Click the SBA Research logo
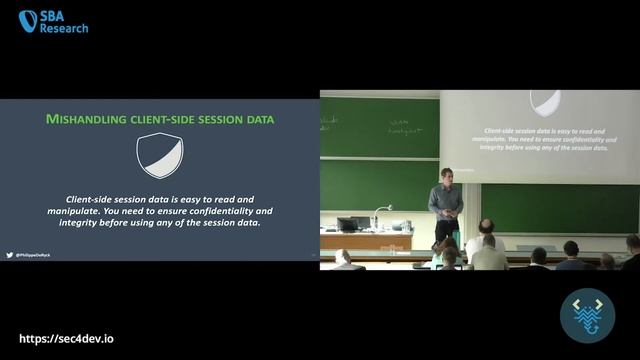pyautogui.click(x=53, y=21)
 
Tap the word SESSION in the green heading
pyautogui.click(x=221, y=119)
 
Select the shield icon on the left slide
pyautogui.click(x=159, y=155)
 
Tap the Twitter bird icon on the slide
pyautogui.click(x=10, y=255)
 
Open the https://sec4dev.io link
pyautogui.click(x=67, y=339)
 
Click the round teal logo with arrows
pyautogui.click(x=587, y=316)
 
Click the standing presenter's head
pyautogui.click(x=446, y=174)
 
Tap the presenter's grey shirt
pyautogui.click(x=446, y=199)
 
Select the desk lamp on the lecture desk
pyautogui.click(x=379, y=214)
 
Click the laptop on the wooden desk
pyautogui.click(x=347, y=224)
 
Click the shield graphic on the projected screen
pyautogui.click(x=545, y=102)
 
